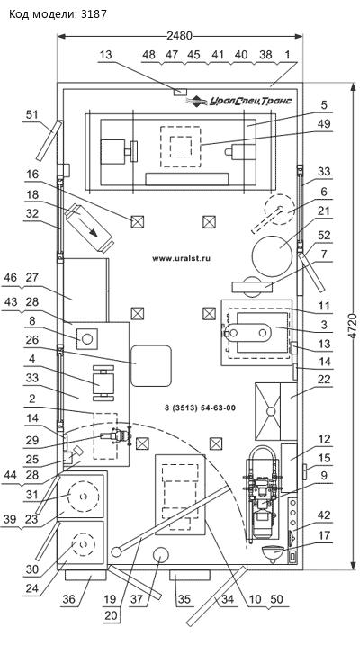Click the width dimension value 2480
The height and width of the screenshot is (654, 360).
coord(179,36)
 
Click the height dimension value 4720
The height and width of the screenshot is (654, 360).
coord(353,327)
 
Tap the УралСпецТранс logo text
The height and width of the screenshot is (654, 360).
coord(250,101)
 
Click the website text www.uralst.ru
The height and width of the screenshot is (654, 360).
coord(181,258)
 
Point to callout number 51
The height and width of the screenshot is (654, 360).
coord(32,115)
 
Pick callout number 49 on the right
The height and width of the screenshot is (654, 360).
coord(324,124)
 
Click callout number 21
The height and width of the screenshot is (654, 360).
coord(324,211)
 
